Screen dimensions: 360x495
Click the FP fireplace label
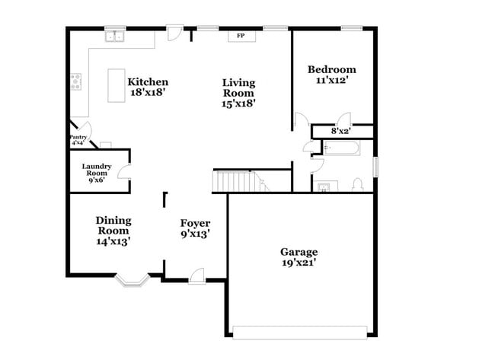click(x=241, y=36)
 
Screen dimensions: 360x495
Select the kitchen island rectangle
click(x=117, y=84)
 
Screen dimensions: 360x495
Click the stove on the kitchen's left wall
click(x=75, y=81)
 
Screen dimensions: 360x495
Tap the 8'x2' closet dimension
click(x=340, y=131)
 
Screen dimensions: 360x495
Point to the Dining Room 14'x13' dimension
click(x=113, y=241)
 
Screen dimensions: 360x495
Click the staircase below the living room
click(x=236, y=181)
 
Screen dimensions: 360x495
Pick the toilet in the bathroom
click(x=357, y=183)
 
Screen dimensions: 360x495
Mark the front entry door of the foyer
click(x=196, y=275)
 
